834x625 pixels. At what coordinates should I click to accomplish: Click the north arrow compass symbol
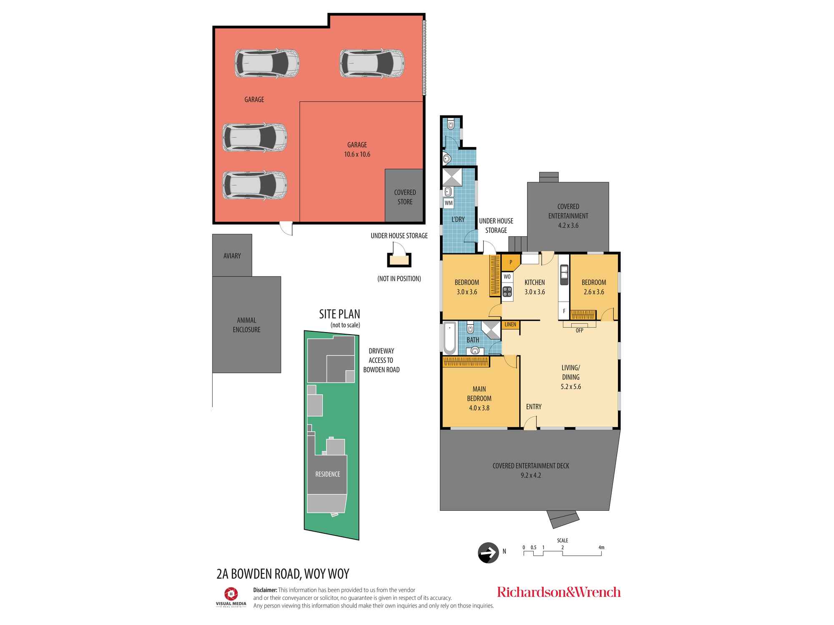pos(488,552)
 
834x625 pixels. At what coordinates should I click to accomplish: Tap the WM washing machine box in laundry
pos(449,203)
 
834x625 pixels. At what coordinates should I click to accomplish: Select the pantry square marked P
pos(510,262)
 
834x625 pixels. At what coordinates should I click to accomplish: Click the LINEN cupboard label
pos(510,325)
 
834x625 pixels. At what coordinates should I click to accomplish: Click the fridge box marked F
pos(564,311)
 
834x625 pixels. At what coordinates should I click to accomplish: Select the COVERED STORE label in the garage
pos(405,197)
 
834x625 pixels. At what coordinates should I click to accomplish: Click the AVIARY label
pos(232,256)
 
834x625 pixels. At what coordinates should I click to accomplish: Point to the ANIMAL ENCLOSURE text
pos(246,325)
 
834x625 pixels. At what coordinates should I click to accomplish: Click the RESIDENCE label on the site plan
pos(328,474)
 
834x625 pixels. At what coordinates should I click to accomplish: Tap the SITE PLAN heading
pos(339,314)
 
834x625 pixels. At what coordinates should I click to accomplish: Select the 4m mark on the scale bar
pos(601,547)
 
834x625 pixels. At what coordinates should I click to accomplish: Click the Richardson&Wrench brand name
pos(559,592)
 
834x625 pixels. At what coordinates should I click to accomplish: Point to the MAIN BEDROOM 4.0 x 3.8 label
pos(479,398)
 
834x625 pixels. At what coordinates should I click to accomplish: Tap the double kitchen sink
pos(564,275)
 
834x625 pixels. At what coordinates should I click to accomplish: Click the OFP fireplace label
pos(579,330)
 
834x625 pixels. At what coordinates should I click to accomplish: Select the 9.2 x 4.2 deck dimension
pos(531,475)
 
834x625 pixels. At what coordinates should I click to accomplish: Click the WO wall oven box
pos(507,277)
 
